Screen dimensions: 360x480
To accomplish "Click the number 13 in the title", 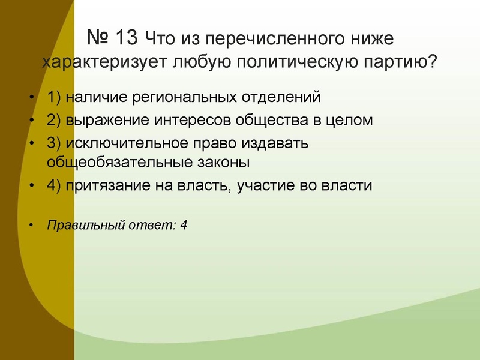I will coord(125,38).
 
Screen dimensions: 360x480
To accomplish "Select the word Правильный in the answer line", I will coord(78,226).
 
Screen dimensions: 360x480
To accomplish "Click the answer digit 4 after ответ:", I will coord(184,226).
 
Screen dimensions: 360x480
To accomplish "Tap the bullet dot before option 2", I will coord(31,121).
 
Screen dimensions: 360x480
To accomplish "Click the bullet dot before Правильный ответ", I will coord(31,226).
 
